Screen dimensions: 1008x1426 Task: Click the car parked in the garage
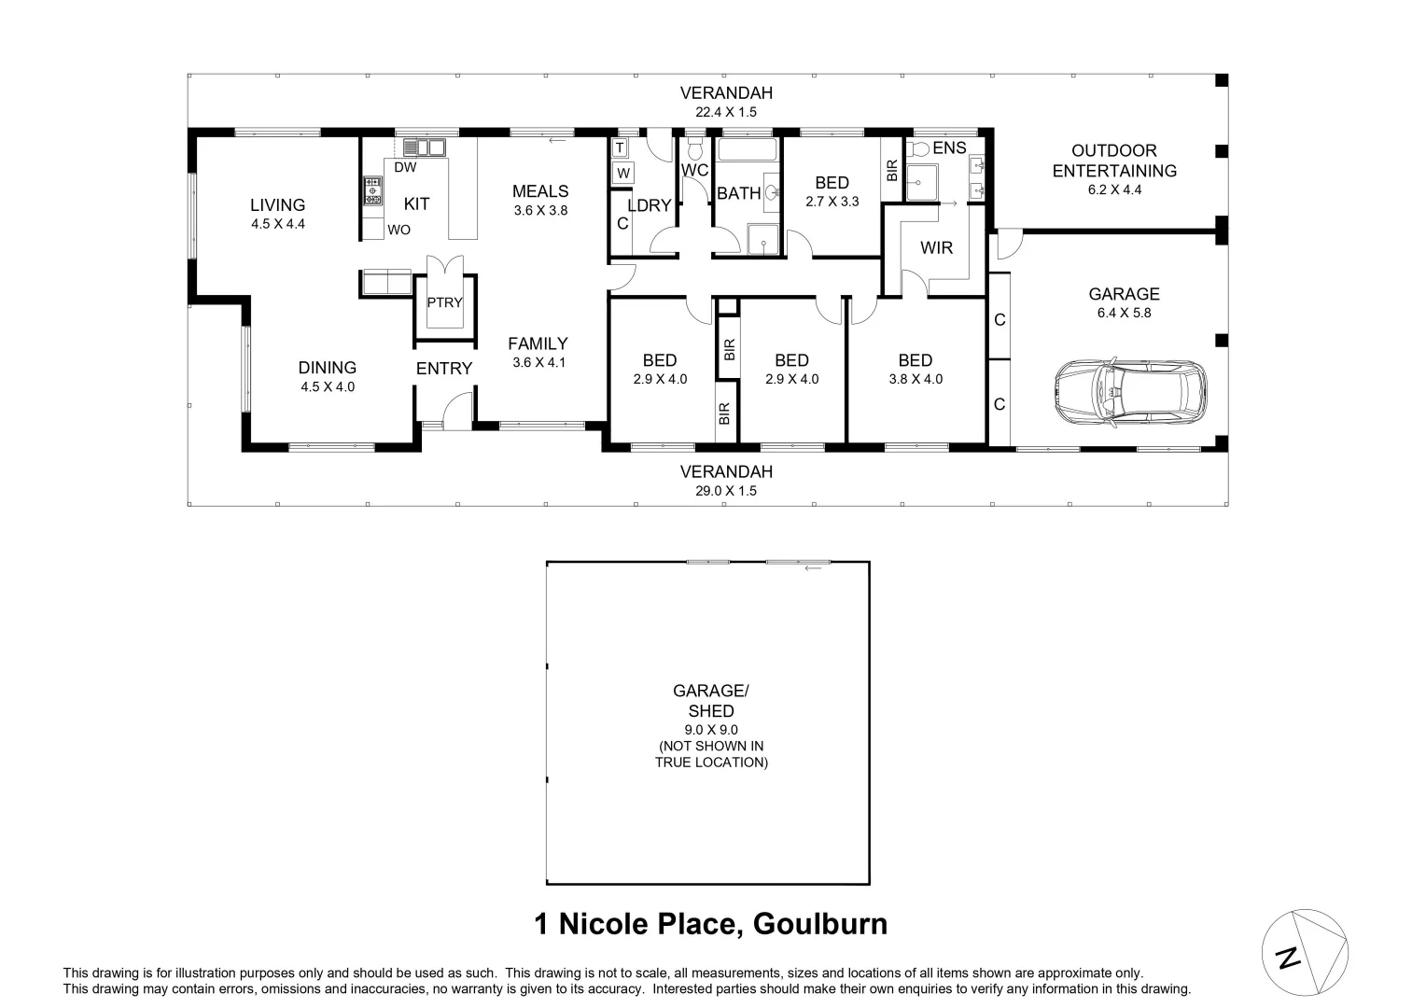(1130, 393)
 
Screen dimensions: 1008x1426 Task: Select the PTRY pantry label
(444, 302)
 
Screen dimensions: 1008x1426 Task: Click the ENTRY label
(444, 369)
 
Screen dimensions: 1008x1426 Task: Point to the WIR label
(936, 247)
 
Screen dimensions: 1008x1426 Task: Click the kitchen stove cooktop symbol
(372, 190)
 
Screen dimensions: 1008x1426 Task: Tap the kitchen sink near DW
(425, 147)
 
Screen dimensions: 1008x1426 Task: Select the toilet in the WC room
(694, 148)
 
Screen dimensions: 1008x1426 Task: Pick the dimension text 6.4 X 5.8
(1124, 313)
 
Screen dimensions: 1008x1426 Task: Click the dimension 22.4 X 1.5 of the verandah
(725, 112)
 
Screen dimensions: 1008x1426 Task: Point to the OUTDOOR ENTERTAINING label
(1114, 161)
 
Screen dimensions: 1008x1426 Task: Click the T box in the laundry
(620, 148)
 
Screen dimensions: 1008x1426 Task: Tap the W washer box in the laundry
(623, 173)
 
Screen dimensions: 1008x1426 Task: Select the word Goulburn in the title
(820, 924)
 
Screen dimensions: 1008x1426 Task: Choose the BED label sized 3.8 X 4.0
(915, 360)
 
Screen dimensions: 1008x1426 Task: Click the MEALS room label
(539, 191)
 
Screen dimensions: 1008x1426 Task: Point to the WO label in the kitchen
(398, 230)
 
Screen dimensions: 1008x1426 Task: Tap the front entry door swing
(457, 411)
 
